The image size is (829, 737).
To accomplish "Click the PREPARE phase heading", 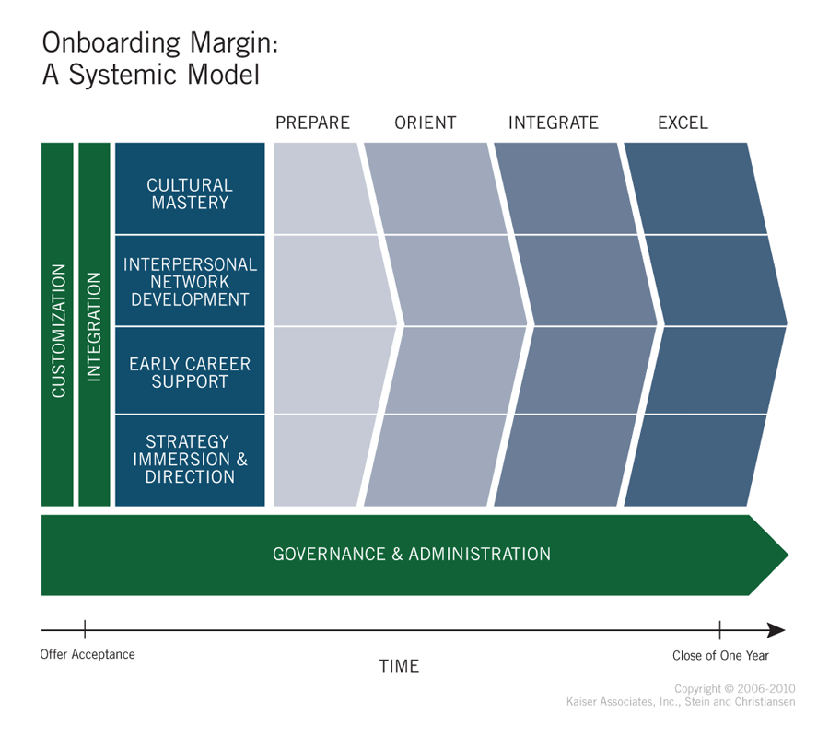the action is tap(312, 123).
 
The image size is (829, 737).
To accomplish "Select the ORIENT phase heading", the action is tap(425, 123).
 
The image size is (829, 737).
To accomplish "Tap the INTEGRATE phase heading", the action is tap(553, 123).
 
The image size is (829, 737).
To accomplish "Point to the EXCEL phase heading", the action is tap(683, 123).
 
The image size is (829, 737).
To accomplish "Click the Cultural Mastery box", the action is tap(190, 188).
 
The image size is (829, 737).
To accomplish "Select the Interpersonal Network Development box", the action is tap(190, 281).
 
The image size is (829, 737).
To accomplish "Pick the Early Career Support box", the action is tap(190, 370).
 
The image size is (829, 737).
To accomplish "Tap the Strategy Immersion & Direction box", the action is tap(190, 461).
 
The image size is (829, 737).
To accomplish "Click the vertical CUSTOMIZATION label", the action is tap(58, 331).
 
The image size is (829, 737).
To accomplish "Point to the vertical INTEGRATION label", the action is tap(94, 327).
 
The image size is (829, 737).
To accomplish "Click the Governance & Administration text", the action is tap(412, 554).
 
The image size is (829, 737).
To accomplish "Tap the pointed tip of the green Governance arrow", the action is tap(788, 556).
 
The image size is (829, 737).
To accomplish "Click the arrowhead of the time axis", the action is tap(776, 630).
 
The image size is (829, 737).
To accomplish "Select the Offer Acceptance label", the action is tap(88, 654).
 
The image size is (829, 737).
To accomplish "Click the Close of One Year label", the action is tap(720, 656).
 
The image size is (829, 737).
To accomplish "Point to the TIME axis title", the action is tap(399, 666).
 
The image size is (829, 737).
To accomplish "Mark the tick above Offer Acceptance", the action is tap(85, 630).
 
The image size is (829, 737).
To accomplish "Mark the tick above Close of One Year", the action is tap(719, 630).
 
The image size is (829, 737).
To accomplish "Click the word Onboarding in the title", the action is tap(111, 43).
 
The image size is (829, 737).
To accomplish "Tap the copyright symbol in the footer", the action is tap(730, 689).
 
